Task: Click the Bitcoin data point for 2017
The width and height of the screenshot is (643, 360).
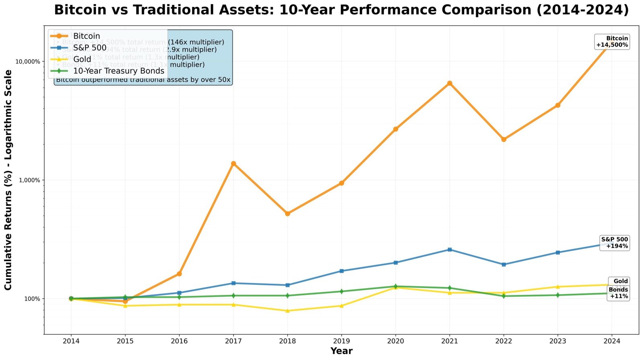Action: pos(233,164)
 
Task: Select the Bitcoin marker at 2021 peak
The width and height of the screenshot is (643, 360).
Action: pos(450,83)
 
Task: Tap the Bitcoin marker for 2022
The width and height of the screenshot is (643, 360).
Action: pos(504,139)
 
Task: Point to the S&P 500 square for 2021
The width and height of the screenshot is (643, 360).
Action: pos(450,250)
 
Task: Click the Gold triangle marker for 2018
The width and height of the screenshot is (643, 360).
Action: pos(287,311)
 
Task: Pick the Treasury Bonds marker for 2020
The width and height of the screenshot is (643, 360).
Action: pos(395,286)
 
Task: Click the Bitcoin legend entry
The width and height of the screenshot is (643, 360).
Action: pos(86,36)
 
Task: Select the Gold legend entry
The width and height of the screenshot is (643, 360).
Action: pos(82,59)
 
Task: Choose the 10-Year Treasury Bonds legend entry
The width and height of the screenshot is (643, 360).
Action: pos(119,71)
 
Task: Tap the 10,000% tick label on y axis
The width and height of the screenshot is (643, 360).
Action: pos(28,61)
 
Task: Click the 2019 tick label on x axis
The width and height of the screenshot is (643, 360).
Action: pos(341,341)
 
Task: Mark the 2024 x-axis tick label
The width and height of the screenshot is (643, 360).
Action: pos(612,341)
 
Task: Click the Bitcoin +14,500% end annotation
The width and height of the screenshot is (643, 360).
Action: pos(612,42)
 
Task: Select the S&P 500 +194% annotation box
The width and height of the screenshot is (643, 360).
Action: pos(614,243)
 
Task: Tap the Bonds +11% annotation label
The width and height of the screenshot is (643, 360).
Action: pos(618,293)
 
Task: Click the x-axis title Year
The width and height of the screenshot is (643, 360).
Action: pos(341,351)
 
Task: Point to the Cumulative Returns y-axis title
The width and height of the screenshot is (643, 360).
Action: pos(8,180)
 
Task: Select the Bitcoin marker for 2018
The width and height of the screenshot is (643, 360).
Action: pos(287,213)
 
